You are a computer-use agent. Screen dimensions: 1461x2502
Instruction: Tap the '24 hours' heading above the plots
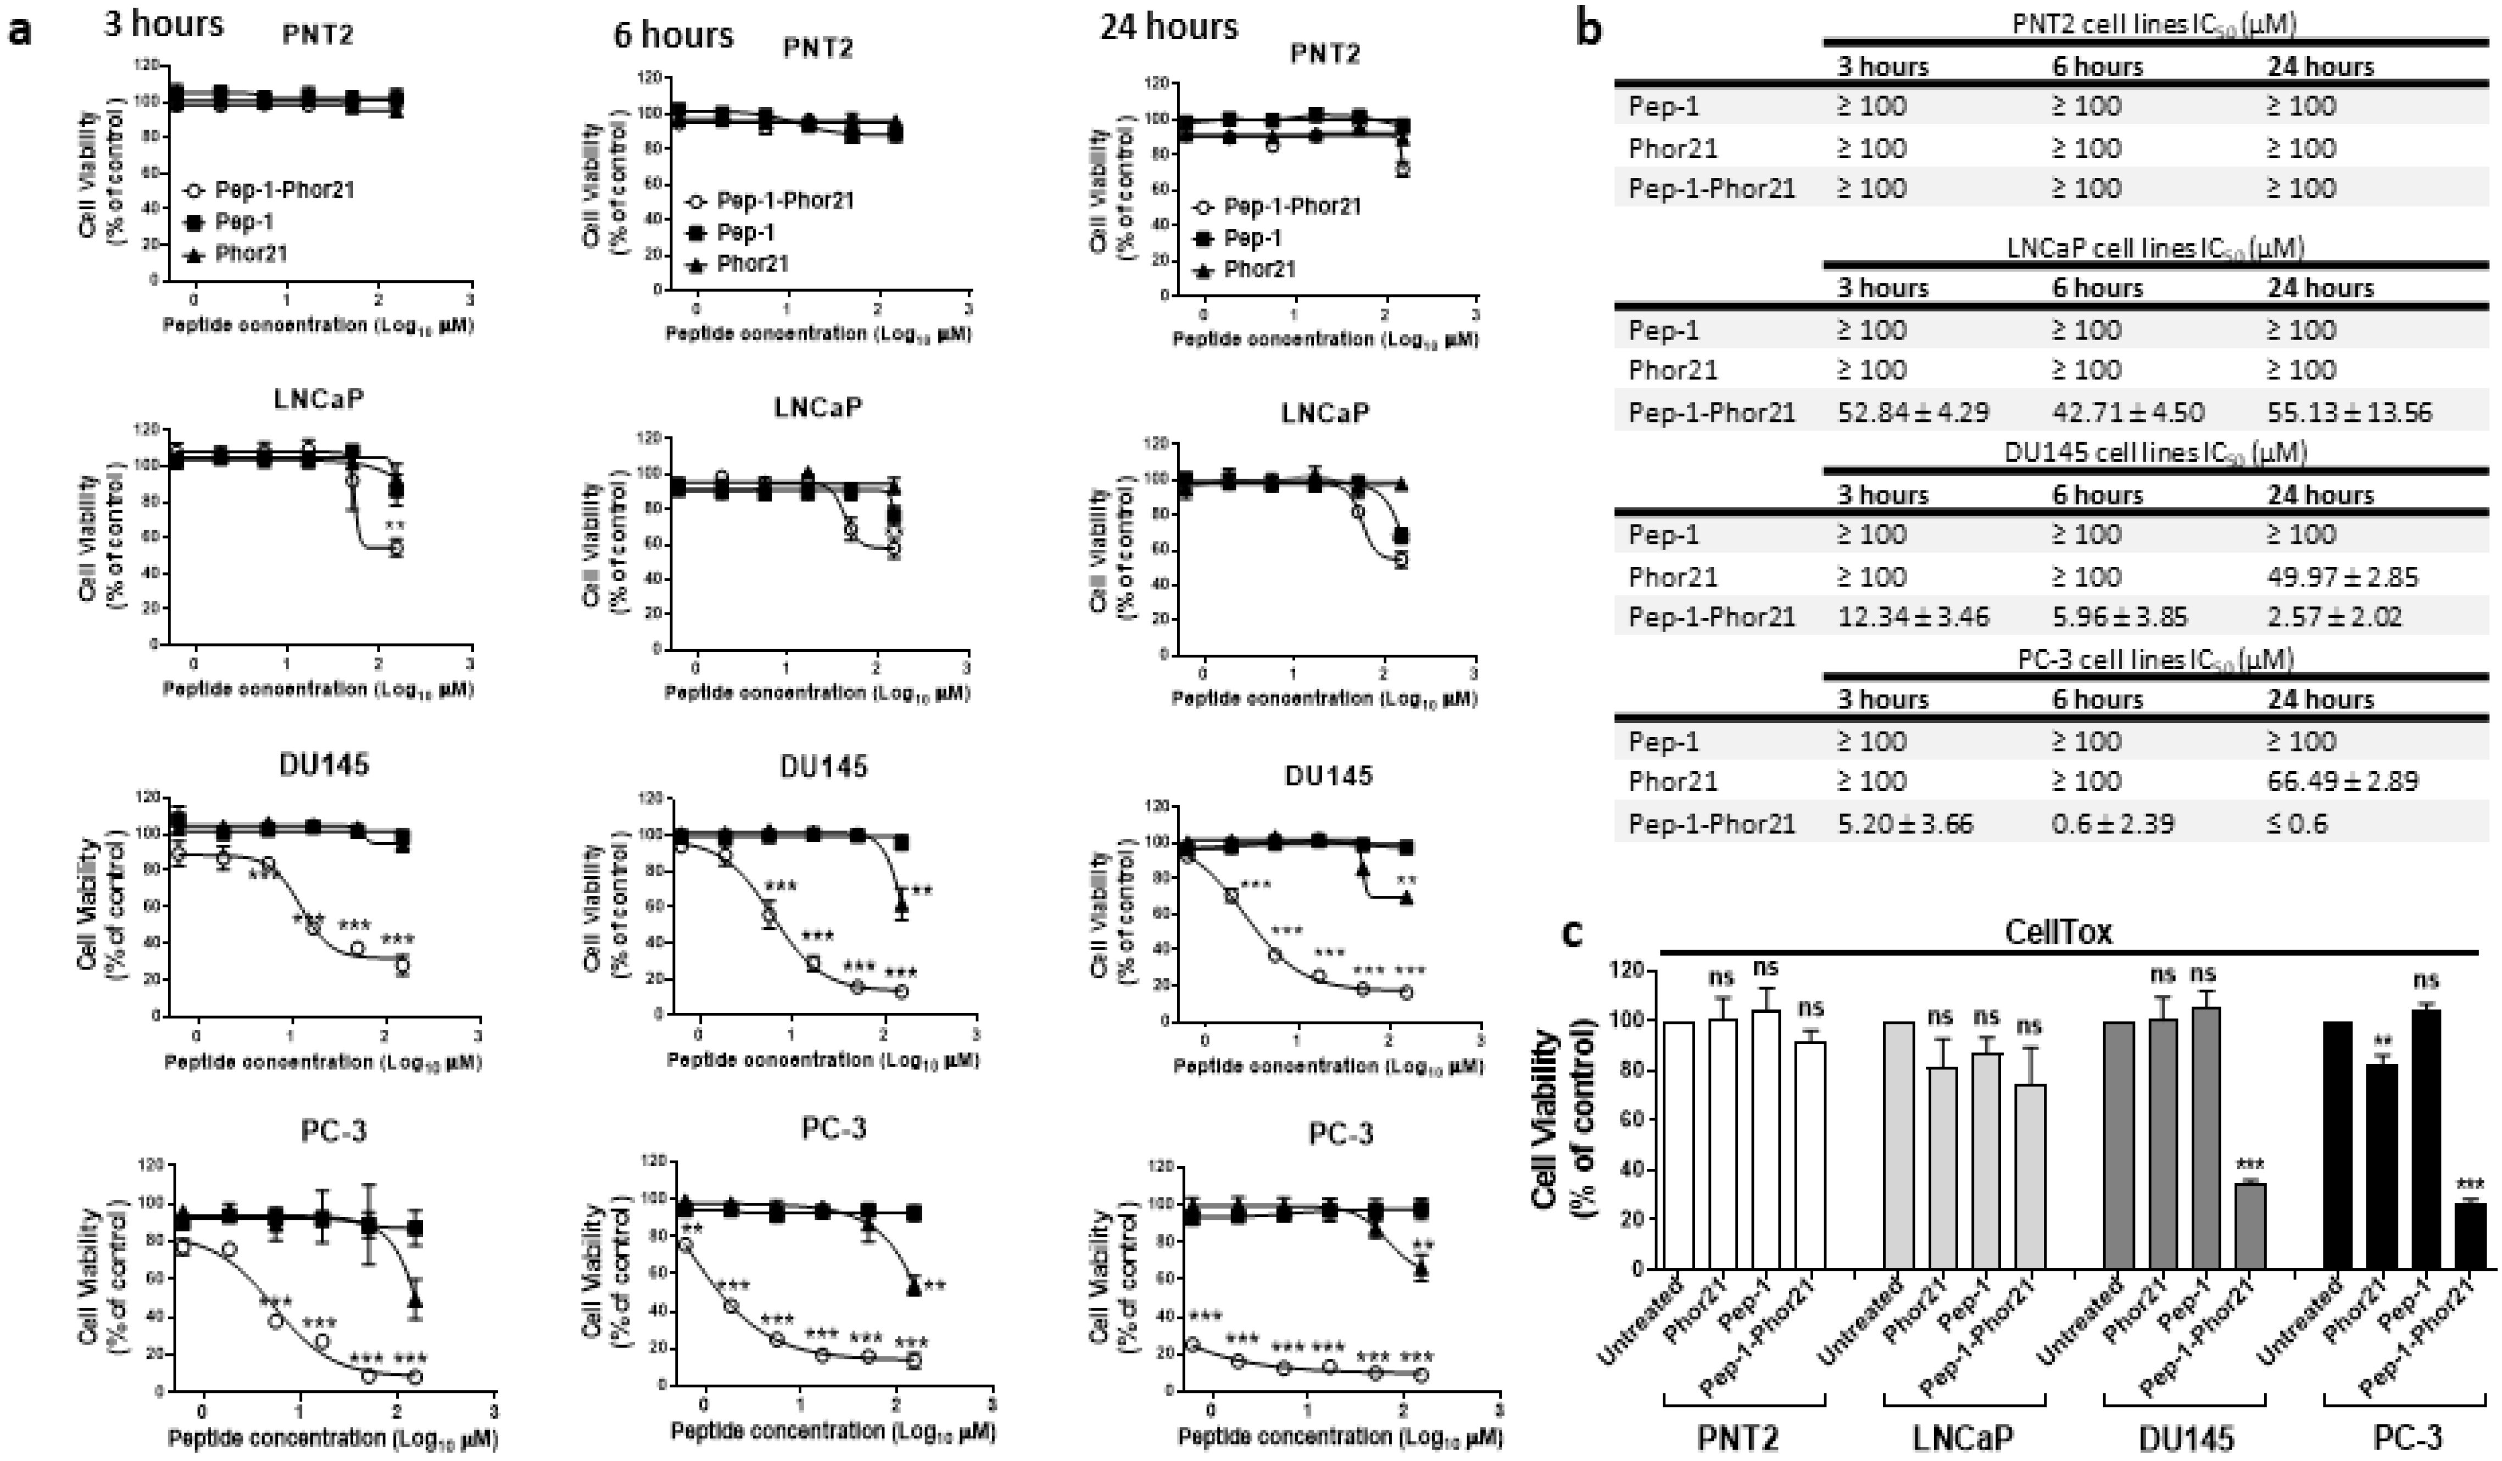click(x=1168, y=27)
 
